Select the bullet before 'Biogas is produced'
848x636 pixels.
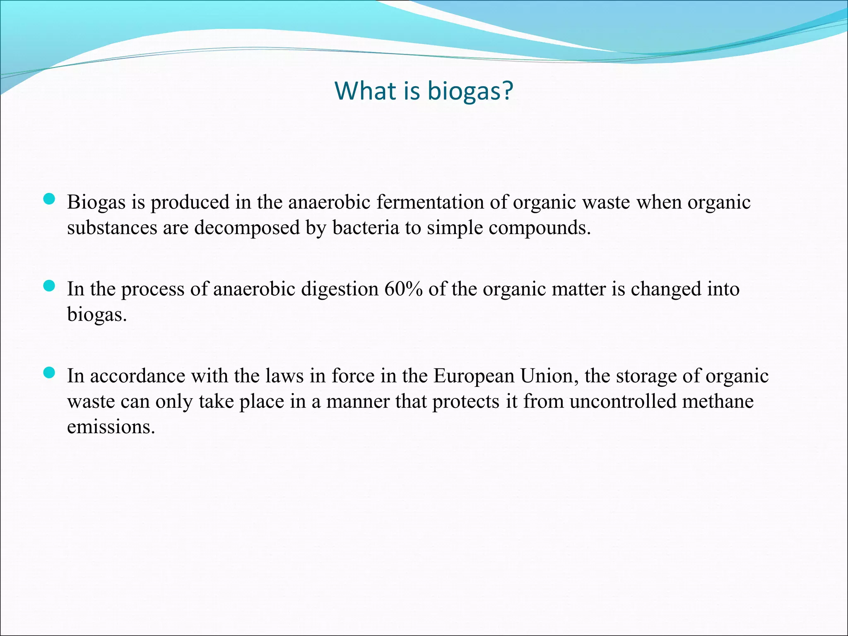[x=49, y=200]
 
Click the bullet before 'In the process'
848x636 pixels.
[x=49, y=286]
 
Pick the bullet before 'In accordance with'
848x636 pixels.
[x=49, y=373]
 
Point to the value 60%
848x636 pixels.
[x=403, y=289]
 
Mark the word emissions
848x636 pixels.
[x=111, y=427]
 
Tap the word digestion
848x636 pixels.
[x=340, y=289]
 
